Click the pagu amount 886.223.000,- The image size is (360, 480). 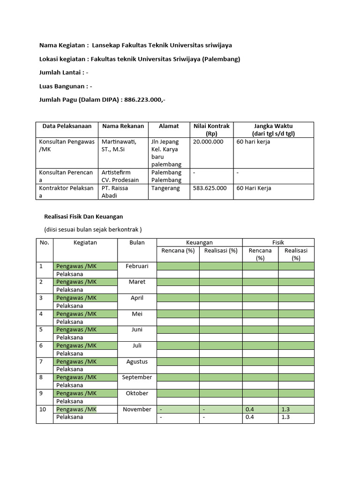click(x=145, y=100)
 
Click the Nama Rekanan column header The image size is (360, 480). click(x=116, y=126)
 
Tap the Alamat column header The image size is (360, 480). click(x=169, y=126)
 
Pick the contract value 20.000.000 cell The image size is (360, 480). click(x=208, y=142)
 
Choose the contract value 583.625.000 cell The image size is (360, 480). click(x=210, y=188)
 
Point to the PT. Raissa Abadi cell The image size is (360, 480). click(x=114, y=192)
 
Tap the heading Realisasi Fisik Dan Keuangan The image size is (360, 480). click(x=83, y=217)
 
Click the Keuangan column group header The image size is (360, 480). click(x=199, y=242)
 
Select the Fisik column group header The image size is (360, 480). click(x=278, y=242)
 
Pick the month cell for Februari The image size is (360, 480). click(x=137, y=266)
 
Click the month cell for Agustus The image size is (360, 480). click(x=137, y=361)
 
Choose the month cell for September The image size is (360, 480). click(x=137, y=377)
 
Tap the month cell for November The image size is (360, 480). click(x=137, y=409)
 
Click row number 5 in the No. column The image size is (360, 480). click(x=41, y=330)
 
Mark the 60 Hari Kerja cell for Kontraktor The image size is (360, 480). click(x=254, y=188)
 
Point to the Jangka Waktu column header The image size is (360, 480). click(x=274, y=130)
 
